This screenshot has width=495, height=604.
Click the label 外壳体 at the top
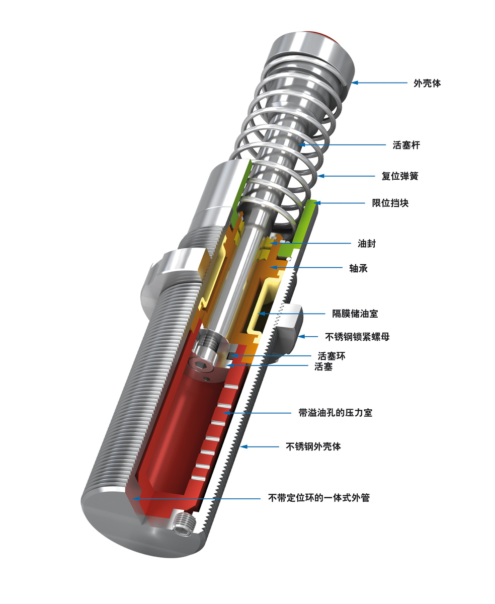tap(427, 83)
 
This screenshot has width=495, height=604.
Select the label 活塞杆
tap(406, 145)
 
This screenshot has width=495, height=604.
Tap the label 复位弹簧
tap(400, 176)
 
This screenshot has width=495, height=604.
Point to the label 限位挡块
tap(390, 203)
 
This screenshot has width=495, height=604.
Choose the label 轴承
tap(358, 268)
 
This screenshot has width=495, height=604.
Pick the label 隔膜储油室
tap(355, 314)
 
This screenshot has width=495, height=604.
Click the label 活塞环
tap(332, 356)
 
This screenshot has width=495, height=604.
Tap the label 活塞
tap(323, 367)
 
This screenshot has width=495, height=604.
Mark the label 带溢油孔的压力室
tap(336, 413)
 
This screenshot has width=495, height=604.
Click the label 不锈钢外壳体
tap(313, 446)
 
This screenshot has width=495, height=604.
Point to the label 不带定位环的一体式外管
tap(319, 498)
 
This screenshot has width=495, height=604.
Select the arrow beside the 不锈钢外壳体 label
tap(259, 446)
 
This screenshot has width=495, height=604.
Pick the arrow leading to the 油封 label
tap(312, 244)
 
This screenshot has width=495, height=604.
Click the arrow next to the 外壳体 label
tap(380, 83)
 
